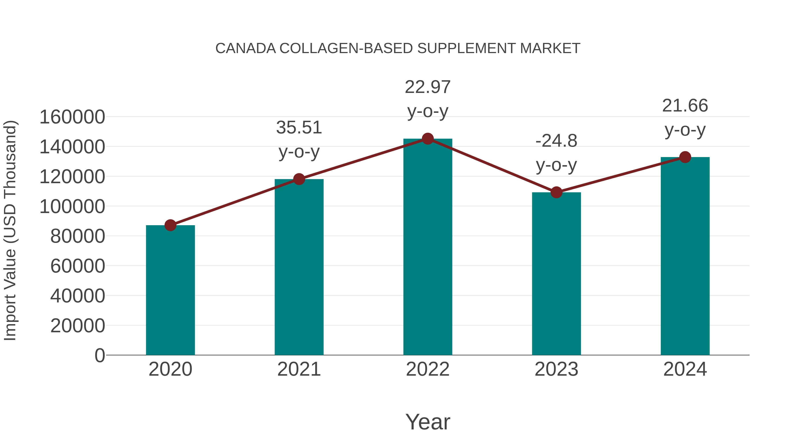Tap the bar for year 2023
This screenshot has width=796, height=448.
[556, 274]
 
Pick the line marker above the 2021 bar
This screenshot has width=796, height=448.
[299, 179]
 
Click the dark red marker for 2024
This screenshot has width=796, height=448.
[685, 157]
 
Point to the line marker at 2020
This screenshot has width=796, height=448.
[170, 225]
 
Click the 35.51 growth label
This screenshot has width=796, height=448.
[299, 127]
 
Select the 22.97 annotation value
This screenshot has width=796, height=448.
[428, 87]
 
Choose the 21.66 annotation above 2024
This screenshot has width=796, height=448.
[685, 106]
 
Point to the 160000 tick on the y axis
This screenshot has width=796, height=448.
[72, 117]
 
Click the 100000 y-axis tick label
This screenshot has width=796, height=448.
[72, 207]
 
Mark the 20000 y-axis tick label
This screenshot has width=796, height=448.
[78, 326]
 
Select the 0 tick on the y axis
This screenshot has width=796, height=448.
[99, 355]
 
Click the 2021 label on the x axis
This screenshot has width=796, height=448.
[299, 369]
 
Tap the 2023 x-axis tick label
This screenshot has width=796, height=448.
[556, 369]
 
